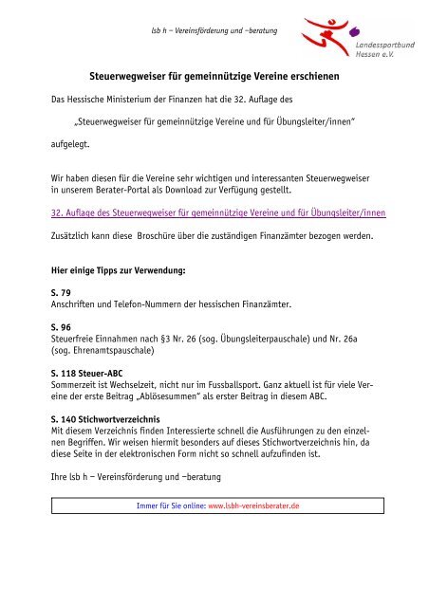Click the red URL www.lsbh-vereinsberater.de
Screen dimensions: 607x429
coord(253,506)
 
